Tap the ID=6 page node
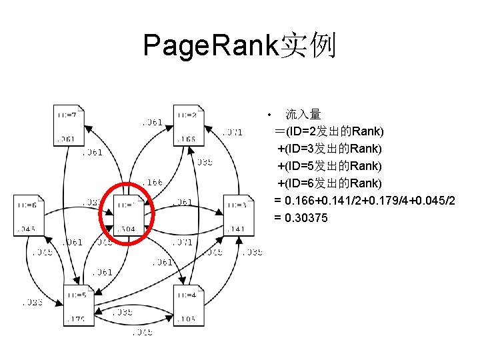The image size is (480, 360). pyautogui.click(x=29, y=215)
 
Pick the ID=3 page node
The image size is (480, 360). pyautogui.click(x=238, y=215)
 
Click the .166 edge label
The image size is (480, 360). pyautogui.click(x=153, y=181)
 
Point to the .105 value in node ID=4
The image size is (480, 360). pyautogui.click(x=187, y=319)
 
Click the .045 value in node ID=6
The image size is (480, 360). pyautogui.click(x=27, y=229)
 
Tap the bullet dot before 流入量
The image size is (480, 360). pyautogui.click(x=267, y=114)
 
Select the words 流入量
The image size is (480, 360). pyautogui.click(x=303, y=115)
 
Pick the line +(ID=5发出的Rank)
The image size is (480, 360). pyautogui.click(x=330, y=165)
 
